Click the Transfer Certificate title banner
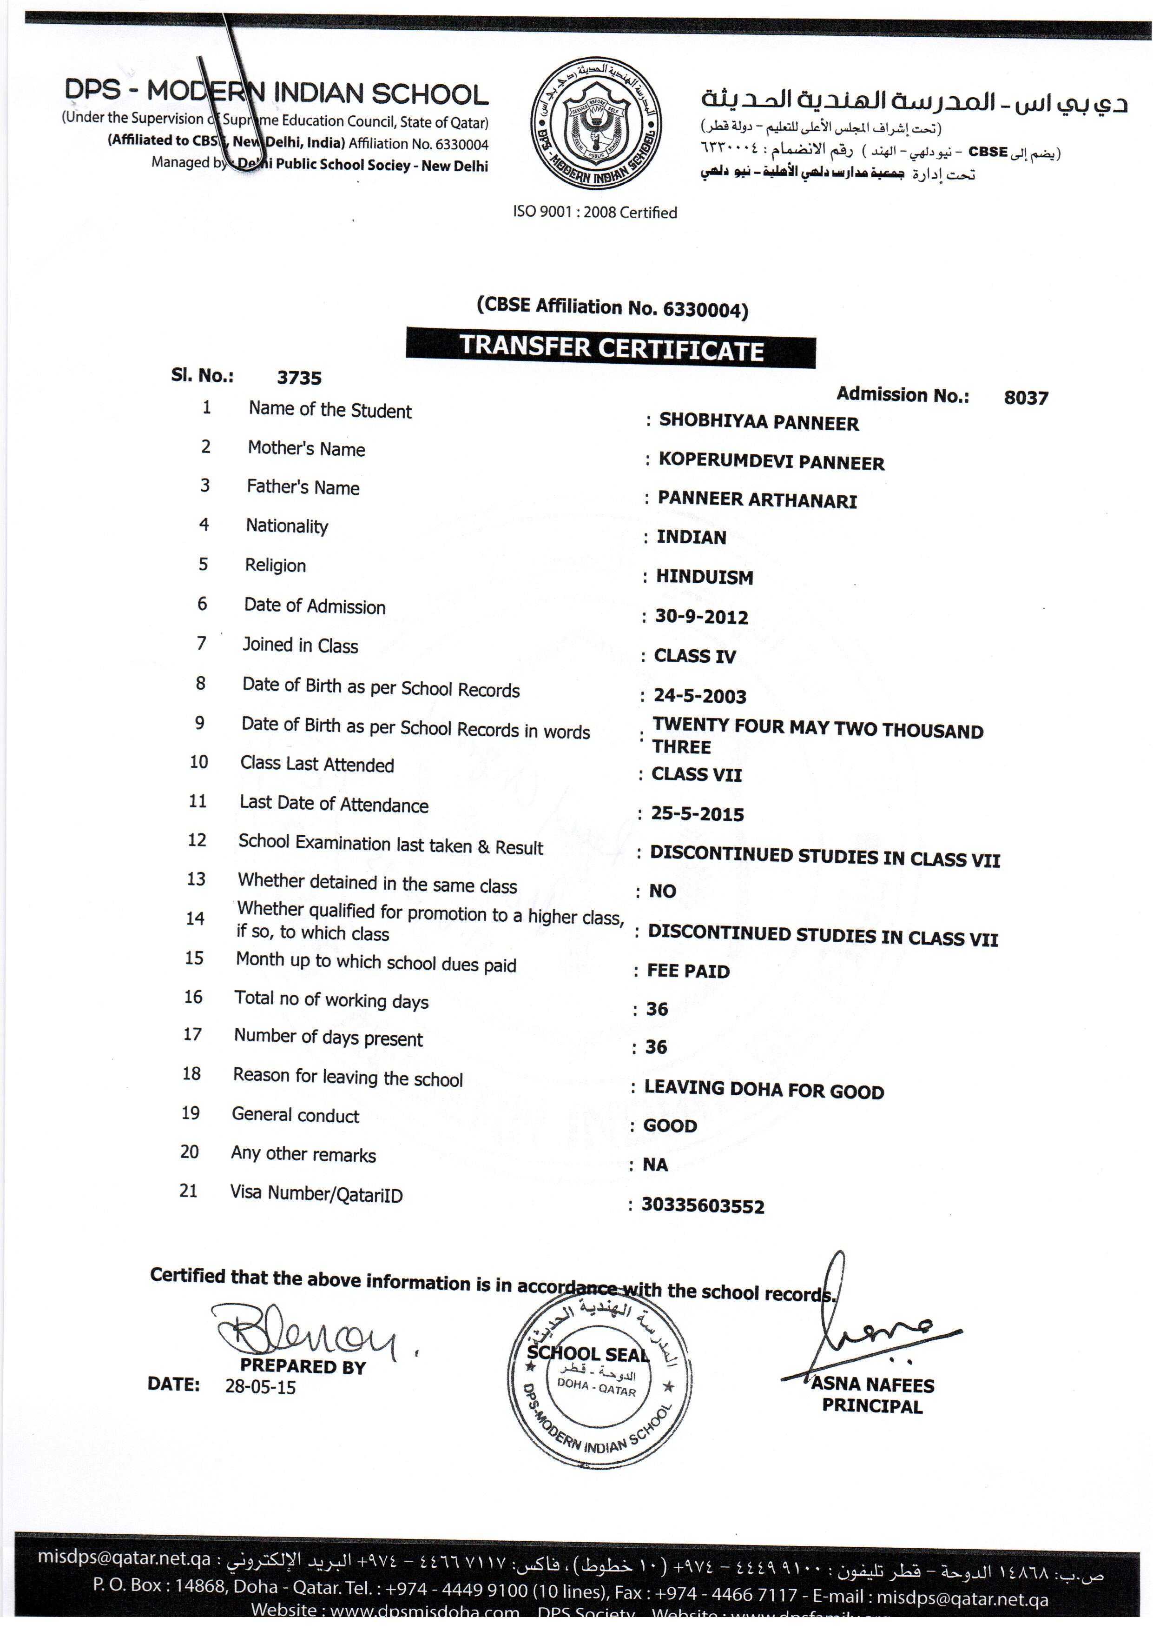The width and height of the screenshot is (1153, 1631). click(x=611, y=348)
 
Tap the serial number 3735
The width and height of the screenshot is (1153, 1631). click(x=299, y=378)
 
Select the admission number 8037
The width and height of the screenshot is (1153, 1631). click(x=1025, y=398)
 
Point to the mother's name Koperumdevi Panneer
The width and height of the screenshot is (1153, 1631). click(x=771, y=462)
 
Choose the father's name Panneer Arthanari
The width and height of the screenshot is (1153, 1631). click(x=757, y=500)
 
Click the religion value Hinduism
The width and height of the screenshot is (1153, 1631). click(x=704, y=577)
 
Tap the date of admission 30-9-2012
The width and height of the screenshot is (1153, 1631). click(x=701, y=617)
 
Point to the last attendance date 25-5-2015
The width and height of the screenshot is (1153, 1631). click(x=697, y=814)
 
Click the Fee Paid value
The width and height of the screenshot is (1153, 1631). click(x=688, y=971)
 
